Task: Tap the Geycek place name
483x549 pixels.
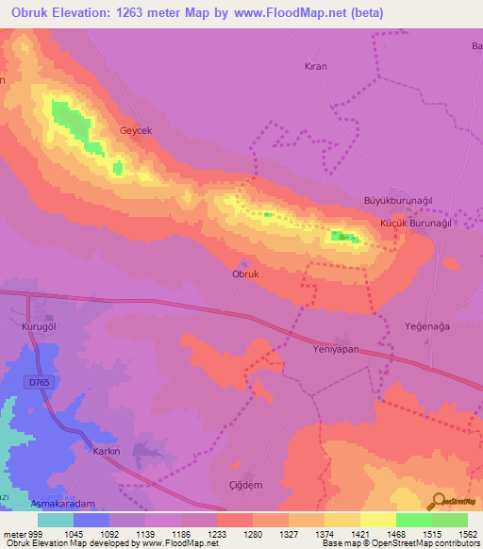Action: (x=136, y=130)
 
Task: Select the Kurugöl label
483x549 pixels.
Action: (x=41, y=324)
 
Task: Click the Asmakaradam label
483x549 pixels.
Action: (x=63, y=506)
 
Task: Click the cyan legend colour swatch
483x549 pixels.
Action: (x=56, y=520)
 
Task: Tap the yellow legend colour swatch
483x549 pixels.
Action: (x=377, y=520)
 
